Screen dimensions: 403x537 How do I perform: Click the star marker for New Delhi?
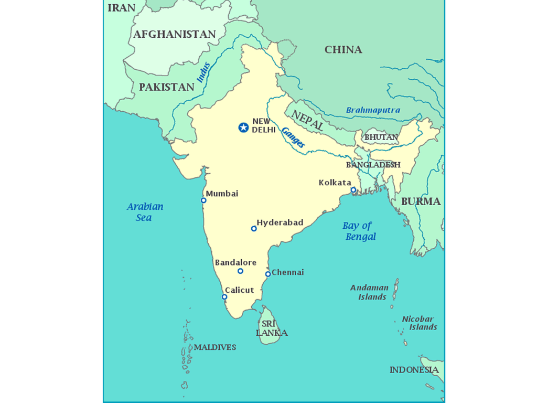(x=243, y=127)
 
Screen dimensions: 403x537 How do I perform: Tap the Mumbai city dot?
(x=203, y=200)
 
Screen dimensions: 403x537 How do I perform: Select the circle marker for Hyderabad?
(x=254, y=228)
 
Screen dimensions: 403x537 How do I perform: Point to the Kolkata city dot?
(x=353, y=190)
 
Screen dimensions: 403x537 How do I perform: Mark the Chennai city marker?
(x=268, y=274)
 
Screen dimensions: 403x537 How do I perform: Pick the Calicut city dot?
(x=224, y=297)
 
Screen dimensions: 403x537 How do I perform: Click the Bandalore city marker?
(x=240, y=271)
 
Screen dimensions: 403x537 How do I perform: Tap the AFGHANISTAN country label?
(x=174, y=35)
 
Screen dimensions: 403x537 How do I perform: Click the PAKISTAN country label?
(x=166, y=87)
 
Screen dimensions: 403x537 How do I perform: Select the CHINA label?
(x=343, y=50)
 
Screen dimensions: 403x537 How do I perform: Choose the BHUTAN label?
(x=381, y=137)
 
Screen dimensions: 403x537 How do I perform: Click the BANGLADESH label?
(x=373, y=165)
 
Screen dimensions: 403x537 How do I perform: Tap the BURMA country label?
(x=421, y=201)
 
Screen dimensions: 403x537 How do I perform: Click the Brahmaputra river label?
(x=373, y=110)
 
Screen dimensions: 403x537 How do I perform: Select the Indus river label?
(x=203, y=72)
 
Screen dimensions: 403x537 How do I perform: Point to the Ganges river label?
(x=293, y=137)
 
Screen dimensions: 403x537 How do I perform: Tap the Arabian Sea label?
(x=145, y=212)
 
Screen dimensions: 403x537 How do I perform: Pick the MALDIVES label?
(x=215, y=347)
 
